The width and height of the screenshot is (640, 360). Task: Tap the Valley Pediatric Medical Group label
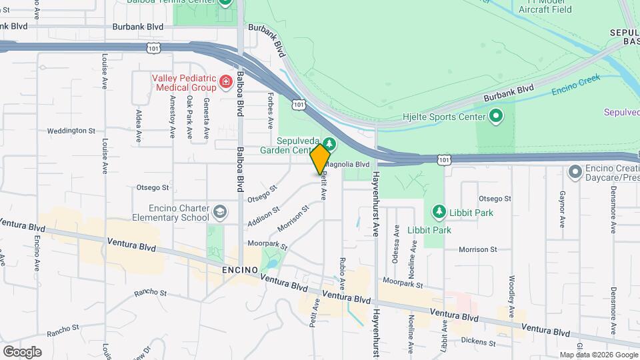click(184, 83)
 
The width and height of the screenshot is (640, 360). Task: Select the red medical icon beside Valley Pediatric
click(226, 83)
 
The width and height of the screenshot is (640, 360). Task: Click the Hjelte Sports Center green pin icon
click(495, 117)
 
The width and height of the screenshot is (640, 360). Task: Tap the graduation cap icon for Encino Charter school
click(219, 213)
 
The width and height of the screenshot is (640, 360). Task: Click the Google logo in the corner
click(22, 351)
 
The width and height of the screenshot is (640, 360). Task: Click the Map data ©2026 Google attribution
click(597, 355)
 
